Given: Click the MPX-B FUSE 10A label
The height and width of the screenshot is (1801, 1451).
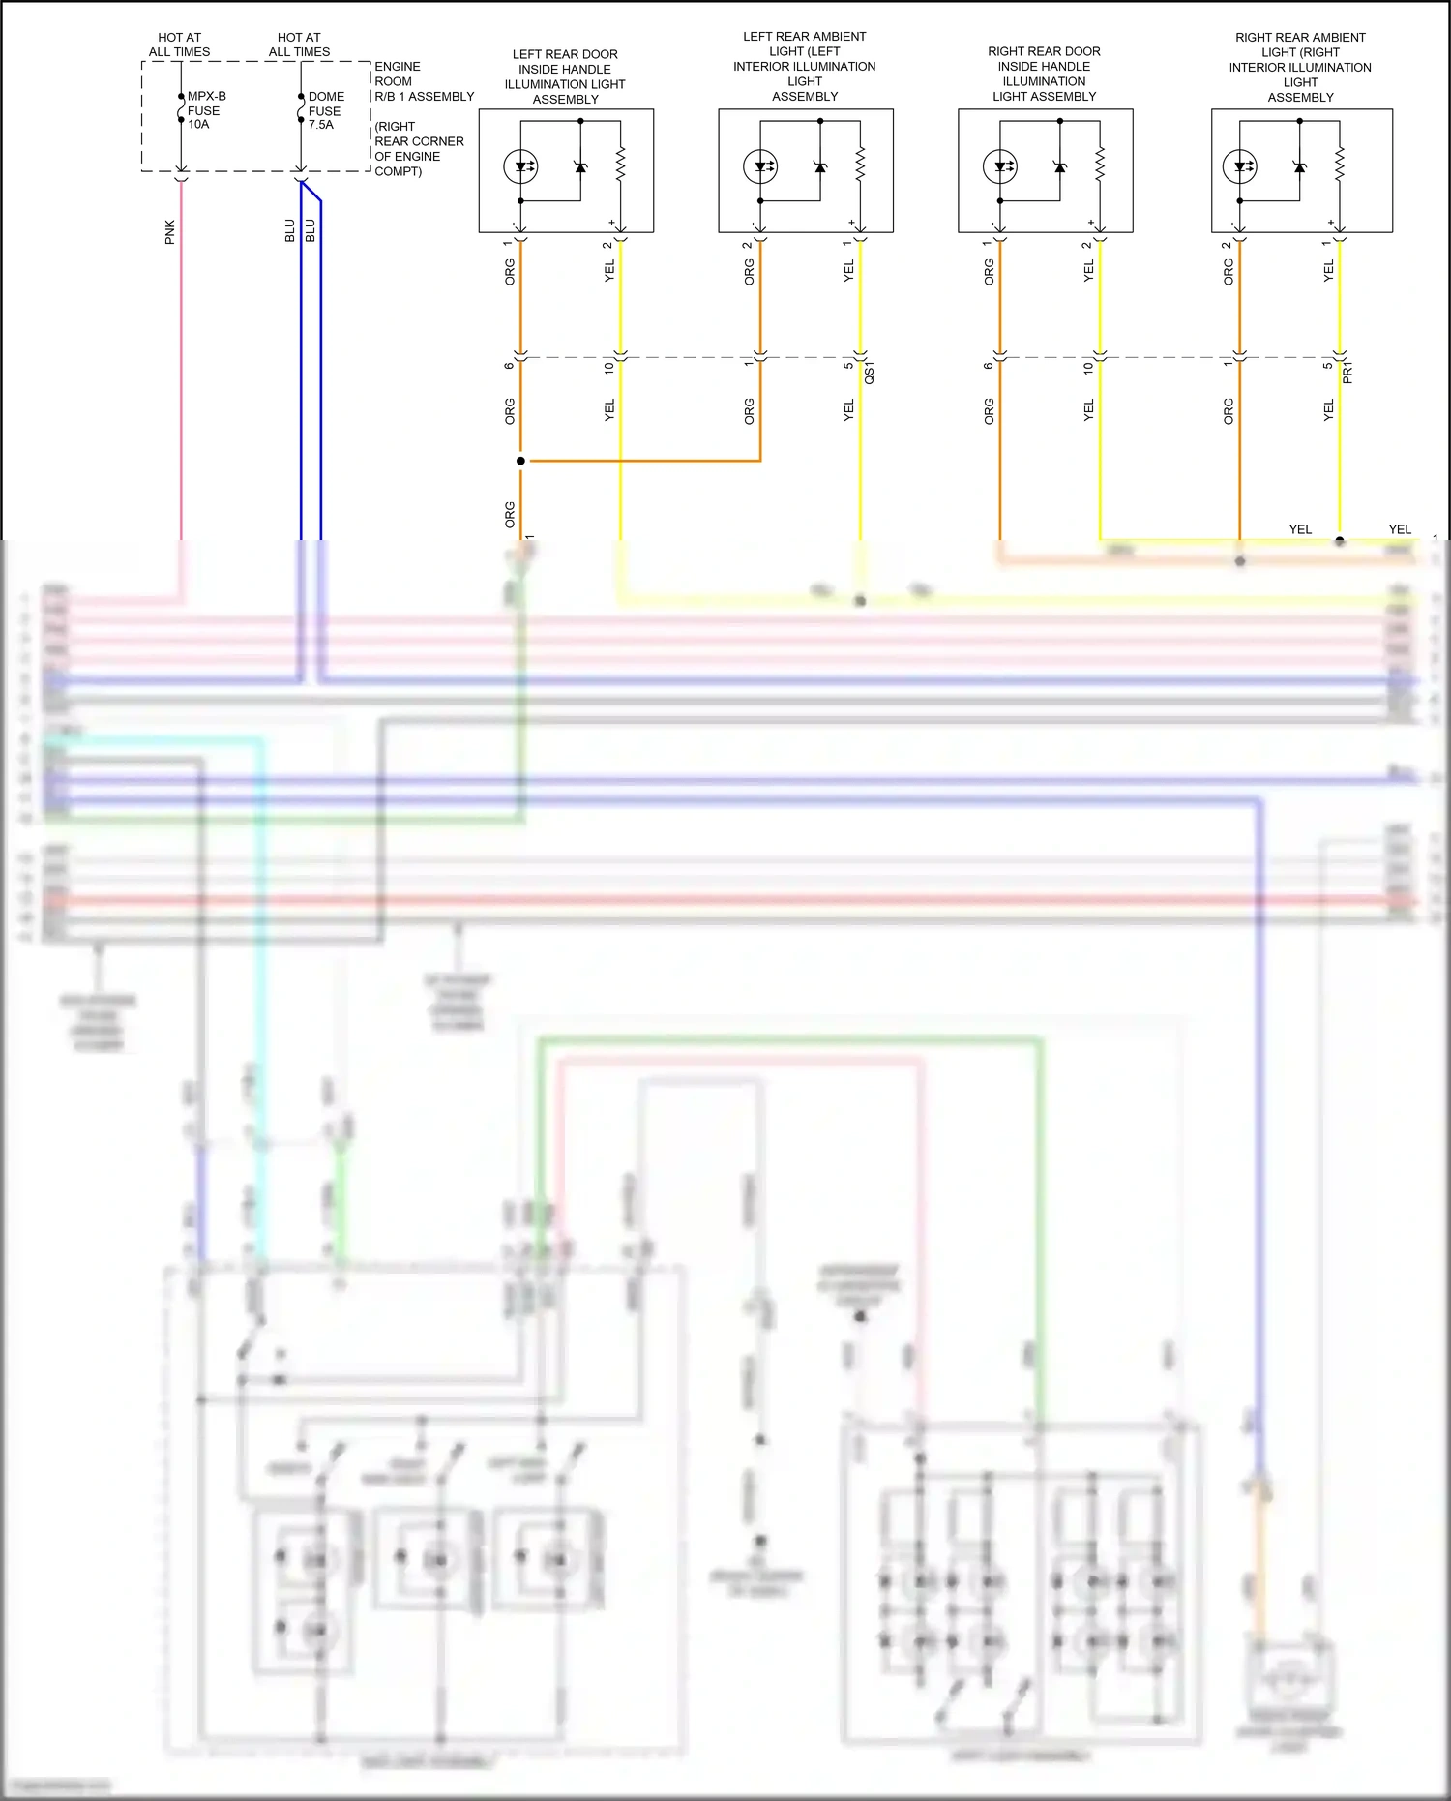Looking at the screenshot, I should click(x=205, y=110).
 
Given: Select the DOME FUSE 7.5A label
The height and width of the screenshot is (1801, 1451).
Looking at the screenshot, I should click(x=326, y=110).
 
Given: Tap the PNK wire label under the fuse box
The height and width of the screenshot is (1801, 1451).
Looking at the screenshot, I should click(x=170, y=232).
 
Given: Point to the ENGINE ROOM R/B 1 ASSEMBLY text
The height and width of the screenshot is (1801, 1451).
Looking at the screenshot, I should click(x=423, y=81).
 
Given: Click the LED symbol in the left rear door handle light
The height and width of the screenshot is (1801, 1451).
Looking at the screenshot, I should click(x=520, y=166).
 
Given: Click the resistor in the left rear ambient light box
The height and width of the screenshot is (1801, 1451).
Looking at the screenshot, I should click(x=860, y=164).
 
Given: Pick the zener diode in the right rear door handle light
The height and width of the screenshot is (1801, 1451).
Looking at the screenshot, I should click(x=1060, y=166).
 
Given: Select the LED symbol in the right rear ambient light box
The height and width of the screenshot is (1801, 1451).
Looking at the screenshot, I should click(x=1240, y=166).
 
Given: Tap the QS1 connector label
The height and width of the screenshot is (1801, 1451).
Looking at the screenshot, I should click(x=869, y=373).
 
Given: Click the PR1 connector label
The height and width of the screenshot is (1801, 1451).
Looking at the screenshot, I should click(x=1347, y=373).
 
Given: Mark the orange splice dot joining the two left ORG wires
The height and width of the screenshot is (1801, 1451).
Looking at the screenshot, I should click(x=520, y=461).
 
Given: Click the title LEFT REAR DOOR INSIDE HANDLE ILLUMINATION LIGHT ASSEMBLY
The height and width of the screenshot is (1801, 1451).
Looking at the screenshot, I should click(x=565, y=76).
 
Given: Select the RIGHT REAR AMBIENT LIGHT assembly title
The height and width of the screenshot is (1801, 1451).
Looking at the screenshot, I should click(x=1300, y=67).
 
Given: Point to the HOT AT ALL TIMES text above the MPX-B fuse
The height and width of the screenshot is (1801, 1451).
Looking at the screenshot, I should click(x=180, y=45).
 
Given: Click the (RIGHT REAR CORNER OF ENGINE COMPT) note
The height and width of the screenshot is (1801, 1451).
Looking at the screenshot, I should click(x=418, y=149).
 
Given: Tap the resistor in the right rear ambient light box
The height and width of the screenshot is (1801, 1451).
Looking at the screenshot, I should click(x=1340, y=164).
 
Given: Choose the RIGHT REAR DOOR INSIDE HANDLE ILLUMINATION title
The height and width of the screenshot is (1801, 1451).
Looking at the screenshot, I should click(x=1044, y=74).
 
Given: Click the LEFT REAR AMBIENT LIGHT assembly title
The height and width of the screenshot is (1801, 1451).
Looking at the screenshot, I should click(x=805, y=66).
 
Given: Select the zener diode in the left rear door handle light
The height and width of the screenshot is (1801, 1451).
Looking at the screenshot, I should click(x=580, y=166).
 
